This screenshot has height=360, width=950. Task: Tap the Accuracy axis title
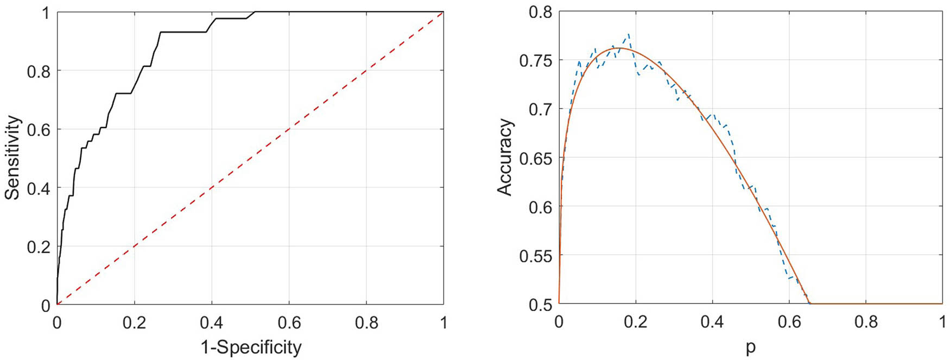pos(505,157)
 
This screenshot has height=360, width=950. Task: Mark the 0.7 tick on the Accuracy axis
pos(539,109)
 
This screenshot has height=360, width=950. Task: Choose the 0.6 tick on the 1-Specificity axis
pos(289,323)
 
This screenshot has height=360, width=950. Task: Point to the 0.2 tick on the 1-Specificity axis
pos(135,323)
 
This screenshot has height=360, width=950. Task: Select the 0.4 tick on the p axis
pos(712,322)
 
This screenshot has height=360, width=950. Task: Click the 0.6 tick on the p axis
pos(789,322)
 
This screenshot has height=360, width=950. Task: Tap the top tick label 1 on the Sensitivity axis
pos(46,12)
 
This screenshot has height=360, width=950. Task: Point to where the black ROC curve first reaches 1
pos(255,12)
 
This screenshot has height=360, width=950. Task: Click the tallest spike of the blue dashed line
pos(629,34)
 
